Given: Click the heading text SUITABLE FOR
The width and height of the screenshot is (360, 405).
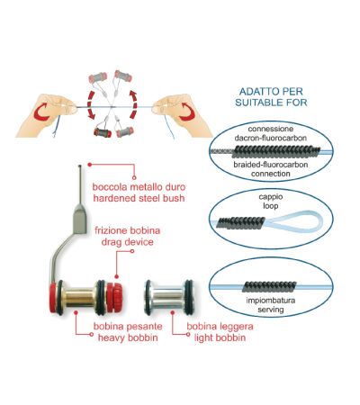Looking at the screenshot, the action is click(x=271, y=103).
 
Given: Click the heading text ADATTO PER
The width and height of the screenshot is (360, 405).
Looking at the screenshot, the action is click(x=271, y=91).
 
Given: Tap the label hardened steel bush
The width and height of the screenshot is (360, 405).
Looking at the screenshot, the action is click(x=139, y=198).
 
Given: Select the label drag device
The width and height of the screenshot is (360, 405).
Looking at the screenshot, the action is click(x=128, y=242).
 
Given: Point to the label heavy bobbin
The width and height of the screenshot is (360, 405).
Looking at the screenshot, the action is click(x=128, y=337).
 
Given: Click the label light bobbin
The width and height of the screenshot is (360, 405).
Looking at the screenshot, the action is click(x=220, y=337).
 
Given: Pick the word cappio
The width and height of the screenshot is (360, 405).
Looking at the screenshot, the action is click(x=271, y=197).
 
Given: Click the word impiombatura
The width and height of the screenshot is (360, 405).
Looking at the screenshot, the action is click(x=271, y=301).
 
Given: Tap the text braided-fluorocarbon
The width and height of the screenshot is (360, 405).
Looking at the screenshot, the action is click(x=271, y=165).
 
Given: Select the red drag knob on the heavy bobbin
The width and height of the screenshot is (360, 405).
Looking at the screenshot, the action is click(x=114, y=296).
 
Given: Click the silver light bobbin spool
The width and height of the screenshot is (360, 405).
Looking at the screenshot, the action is click(x=168, y=298).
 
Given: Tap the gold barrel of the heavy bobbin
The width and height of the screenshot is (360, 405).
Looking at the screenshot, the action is click(x=79, y=297).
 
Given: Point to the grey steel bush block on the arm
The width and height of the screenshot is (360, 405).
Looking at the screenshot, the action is click(x=80, y=219).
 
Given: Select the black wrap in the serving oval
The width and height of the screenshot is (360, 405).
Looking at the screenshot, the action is click(x=269, y=287).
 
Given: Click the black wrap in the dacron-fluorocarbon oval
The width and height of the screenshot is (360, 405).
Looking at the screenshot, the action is click(x=276, y=151).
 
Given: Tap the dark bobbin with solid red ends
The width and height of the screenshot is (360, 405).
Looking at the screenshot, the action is click(x=103, y=132).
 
